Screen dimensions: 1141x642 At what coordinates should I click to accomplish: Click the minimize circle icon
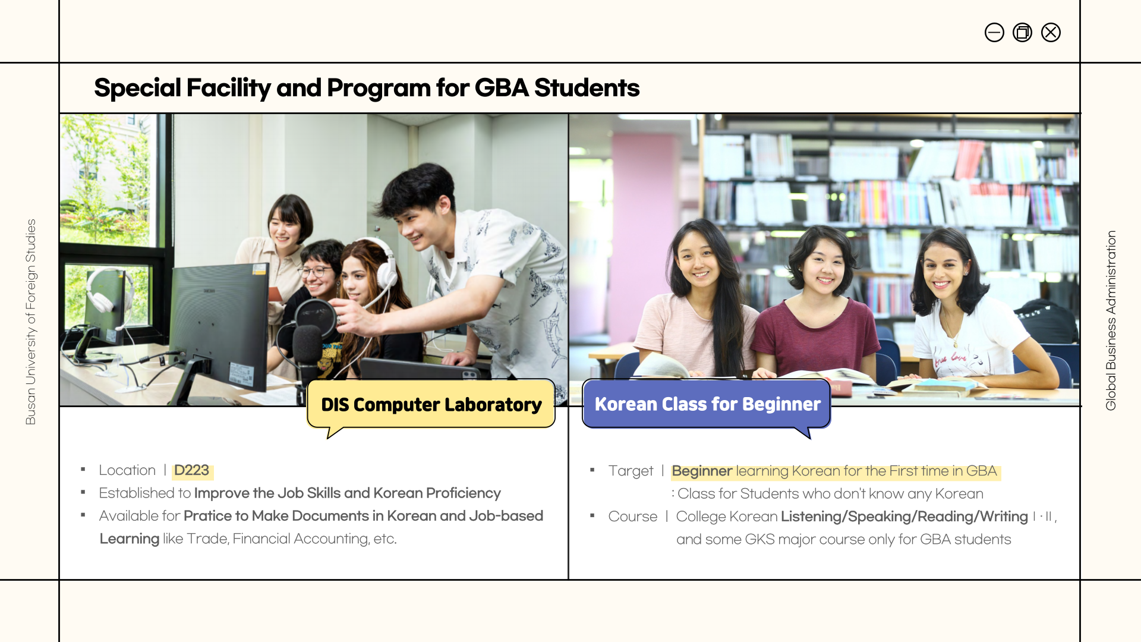pos(994,32)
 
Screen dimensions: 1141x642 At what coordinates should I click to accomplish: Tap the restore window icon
pos(1022,32)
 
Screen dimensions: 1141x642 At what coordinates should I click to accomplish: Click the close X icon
pos(1051,32)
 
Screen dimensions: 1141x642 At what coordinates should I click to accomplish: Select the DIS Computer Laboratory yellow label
pos(431,405)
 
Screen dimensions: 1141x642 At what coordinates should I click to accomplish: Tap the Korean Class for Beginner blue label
pos(707,405)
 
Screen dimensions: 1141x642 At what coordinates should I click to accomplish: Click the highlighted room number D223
pos(192,470)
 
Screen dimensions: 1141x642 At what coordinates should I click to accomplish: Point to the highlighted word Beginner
pos(702,471)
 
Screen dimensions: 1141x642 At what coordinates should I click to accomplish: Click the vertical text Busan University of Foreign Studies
pos(31,322)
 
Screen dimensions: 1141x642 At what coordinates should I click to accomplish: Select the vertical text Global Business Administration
pos(1111,320)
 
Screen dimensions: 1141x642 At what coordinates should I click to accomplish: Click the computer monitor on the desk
pos(220,324)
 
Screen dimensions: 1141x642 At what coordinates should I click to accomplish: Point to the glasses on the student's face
pos(315,272)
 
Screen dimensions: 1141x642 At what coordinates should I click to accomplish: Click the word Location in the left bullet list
pos(127,470)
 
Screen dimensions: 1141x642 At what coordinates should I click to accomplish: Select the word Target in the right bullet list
pos(631,471)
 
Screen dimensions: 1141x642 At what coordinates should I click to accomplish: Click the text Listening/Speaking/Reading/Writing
pos(904,517)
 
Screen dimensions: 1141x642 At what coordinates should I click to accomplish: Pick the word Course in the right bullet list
pos(633,517)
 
